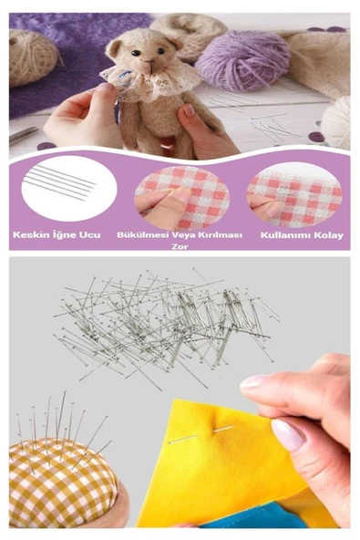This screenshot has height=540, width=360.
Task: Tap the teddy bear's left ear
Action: [x=114, y=48]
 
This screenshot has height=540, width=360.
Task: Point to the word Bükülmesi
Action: [x=143, y=235]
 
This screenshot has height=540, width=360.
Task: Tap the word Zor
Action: [x=180, y=246]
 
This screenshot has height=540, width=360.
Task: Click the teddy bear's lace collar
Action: [x=150, y=82]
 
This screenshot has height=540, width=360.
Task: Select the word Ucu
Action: [x=90, y=235]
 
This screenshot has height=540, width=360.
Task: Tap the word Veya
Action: [x=183, y=235]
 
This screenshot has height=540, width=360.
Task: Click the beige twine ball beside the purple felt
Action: [x=33, y=57]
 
